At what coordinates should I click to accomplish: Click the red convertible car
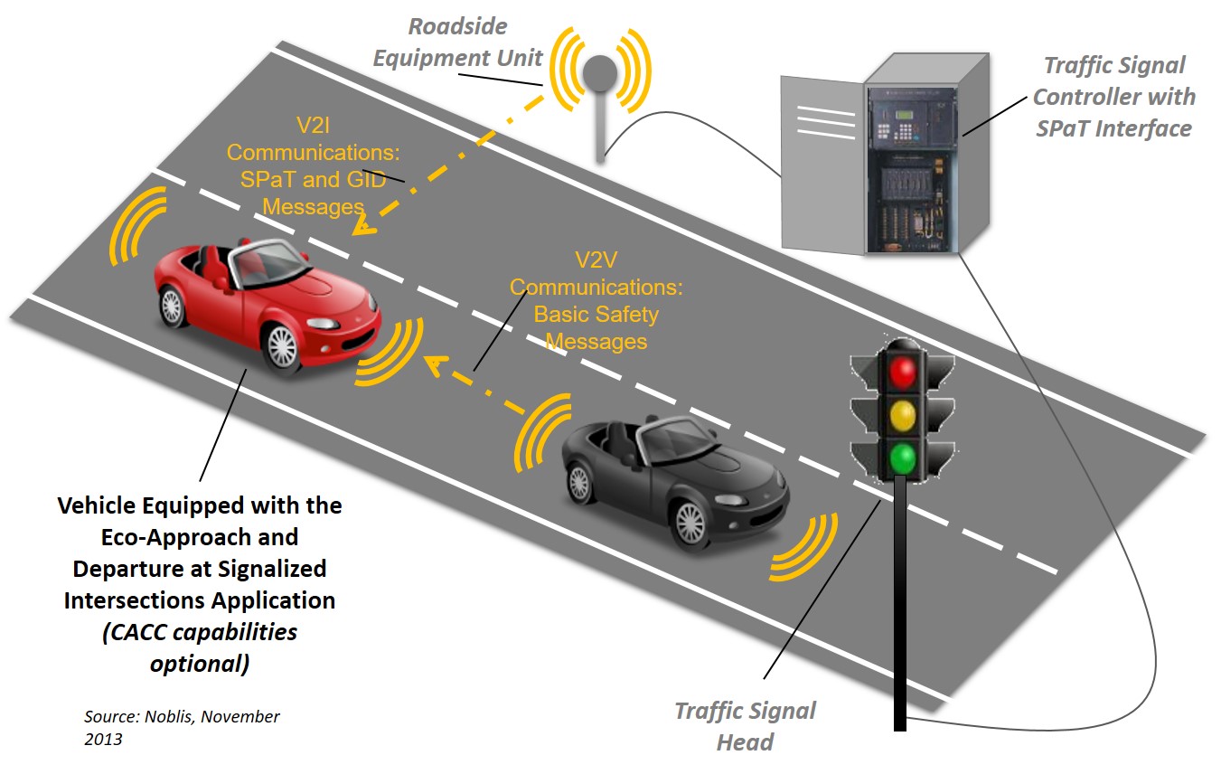tap(262, 298)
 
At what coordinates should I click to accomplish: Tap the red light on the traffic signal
tap(901, 371)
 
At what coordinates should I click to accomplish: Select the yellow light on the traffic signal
tap(901, 415)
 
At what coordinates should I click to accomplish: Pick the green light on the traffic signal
tap(901, 458)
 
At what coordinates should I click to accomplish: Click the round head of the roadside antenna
tap(597, 72)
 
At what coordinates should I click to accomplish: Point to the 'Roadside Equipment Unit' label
tap(458, 43)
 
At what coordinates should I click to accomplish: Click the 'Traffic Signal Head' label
tap(745, 726)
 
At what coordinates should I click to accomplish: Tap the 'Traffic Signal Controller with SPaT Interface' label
tap(1113, 97)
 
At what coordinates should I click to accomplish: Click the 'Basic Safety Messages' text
tap(596, 328)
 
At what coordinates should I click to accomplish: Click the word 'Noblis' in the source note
tap(171, 717)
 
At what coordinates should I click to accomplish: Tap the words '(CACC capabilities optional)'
tap(198, 647)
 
